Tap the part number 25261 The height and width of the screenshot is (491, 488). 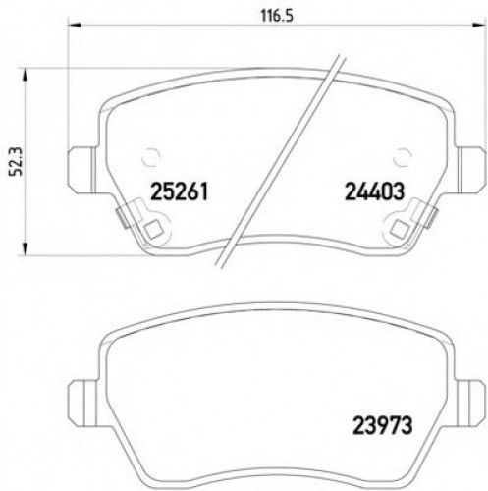(x=182, y=191)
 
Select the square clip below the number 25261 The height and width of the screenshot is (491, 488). (x=152, y=232)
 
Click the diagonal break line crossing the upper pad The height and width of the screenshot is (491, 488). (x=285, y=157)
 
